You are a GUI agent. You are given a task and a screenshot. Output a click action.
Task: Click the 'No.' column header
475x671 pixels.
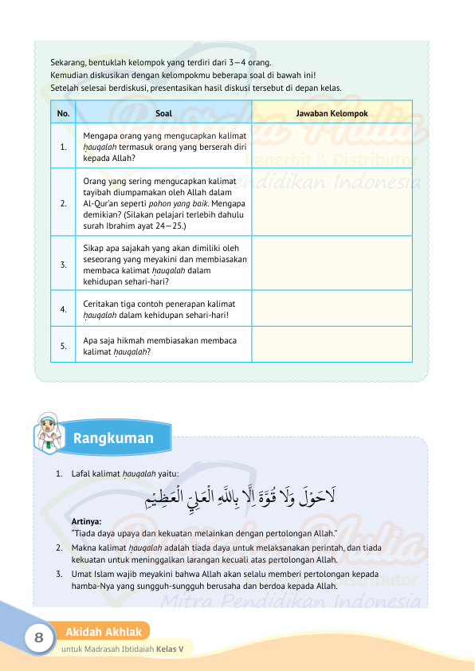pyautogui.click(x=63, y=113)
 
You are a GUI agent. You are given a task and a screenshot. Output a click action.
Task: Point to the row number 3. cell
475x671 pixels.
pyautogui.click(x=63, y=264)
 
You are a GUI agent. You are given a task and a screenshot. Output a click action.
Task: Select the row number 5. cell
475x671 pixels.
pyautogui.click(x=63, y=347)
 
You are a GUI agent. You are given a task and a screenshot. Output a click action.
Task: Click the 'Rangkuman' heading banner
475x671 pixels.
pyautogui.click(x=112, y=438)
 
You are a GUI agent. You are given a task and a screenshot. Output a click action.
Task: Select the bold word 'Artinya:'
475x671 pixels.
pyautogui.click(x=86, y=521)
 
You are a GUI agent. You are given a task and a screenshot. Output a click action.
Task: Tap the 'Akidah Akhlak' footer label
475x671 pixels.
pyautogui.click(x=104, y=632)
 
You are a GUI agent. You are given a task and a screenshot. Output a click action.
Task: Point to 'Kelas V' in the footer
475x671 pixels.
pyautogui.click(x=170, y=649)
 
